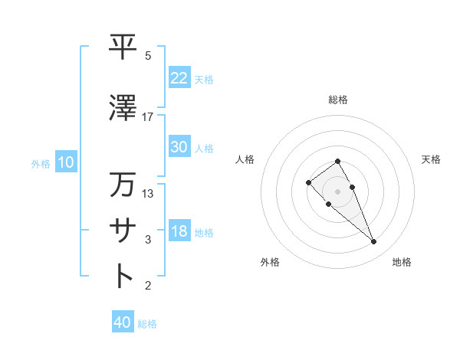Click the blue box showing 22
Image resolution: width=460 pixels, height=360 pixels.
[x=179, y=78]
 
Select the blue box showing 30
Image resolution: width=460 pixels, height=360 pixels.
[x=179, y=147]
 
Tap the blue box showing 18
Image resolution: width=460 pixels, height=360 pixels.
[x=179, y=231]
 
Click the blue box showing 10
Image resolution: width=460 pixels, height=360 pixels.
[x=65, y=162]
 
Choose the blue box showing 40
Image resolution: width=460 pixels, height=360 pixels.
[x=123, y=322]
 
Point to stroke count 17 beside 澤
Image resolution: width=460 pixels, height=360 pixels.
[x=148, y=117]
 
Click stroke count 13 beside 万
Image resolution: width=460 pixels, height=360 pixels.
[x=148, y=194]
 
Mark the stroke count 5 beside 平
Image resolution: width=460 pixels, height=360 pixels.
[x=148, y=56]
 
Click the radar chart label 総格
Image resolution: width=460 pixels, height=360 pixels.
[x=338, y=100]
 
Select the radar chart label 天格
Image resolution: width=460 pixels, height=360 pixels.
[x=432, y=159]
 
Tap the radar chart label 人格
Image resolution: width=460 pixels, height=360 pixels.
[x=245, y=159]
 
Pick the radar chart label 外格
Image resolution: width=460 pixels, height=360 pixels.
[x=270, y=263]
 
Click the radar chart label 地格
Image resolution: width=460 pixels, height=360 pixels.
[x=402, y=263]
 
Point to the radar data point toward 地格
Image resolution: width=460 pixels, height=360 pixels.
[x=373, y=242]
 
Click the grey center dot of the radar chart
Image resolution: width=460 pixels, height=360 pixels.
[x=338, y=191]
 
